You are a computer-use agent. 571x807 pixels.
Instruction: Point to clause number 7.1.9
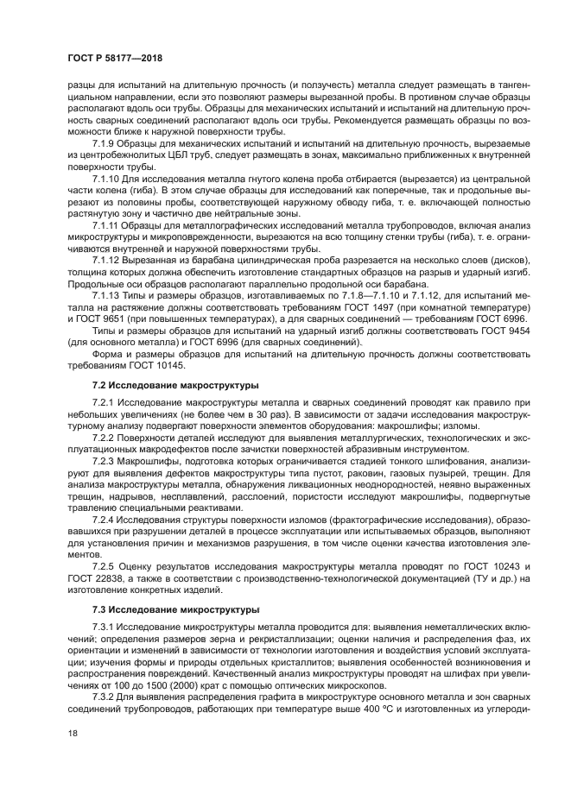105,142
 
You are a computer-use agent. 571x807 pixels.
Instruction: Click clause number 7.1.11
106,225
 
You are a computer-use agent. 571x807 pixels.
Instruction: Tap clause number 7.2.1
104,402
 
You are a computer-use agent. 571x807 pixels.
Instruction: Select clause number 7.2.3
104,462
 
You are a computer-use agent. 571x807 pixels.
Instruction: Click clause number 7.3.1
104,625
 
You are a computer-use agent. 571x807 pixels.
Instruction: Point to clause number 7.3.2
104,696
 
